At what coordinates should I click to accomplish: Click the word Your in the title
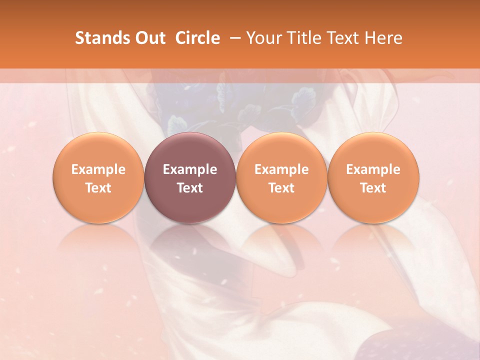point(262,38)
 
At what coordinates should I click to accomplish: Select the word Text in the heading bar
point(338,38)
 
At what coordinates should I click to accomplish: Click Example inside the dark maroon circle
point(190,169)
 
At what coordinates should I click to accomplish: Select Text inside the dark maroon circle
point(190,188)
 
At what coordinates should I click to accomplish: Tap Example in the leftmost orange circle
point(98,169)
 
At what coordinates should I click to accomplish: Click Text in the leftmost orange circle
point(98,188)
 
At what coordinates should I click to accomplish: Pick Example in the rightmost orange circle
point(373,169)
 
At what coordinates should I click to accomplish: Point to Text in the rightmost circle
point(373,188)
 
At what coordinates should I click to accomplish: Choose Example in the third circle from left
point(281,169)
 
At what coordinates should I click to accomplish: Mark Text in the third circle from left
point(281,188)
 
